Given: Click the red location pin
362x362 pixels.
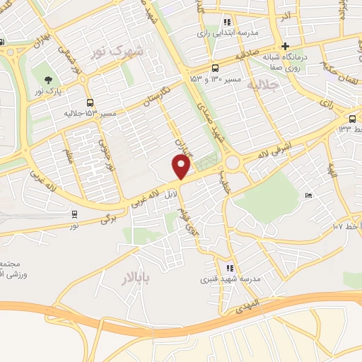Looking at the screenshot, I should point(182,167).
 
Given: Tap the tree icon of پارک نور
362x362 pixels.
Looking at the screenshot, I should point(48,80).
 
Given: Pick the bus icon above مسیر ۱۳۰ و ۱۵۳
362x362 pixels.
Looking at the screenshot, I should point(214,68).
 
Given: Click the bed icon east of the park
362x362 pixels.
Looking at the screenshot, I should point(308,195).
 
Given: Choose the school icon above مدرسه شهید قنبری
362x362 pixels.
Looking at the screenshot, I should point(229,268).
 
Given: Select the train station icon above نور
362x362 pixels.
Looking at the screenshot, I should point(75,214).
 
